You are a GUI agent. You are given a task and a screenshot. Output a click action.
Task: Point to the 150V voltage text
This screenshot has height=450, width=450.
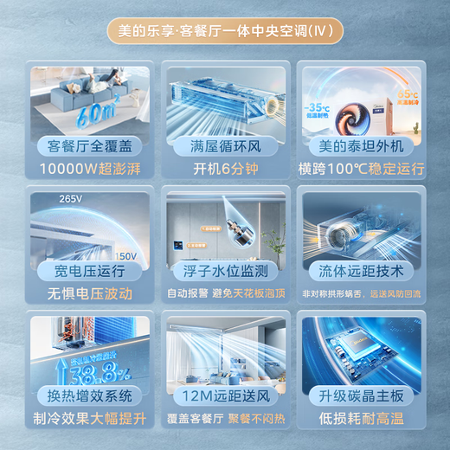[125, 257]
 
